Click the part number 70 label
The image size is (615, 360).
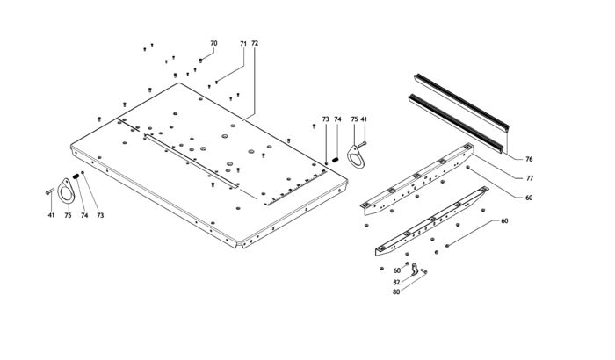[213, 43]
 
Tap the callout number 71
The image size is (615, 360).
[242, 43]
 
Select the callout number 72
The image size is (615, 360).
[255, 43]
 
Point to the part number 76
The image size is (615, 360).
[529, 159]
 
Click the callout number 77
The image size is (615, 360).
[529, 178]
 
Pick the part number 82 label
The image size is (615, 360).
[396, 281]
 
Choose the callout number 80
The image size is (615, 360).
[396, 292]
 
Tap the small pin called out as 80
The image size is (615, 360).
[423, 272]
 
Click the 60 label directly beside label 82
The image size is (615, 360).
[396, 270]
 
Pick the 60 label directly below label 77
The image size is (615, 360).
[529, 198]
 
